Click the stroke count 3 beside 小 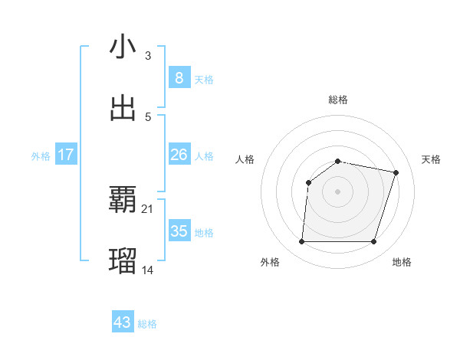[x=148, y=56]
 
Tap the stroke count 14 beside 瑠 [x=148, y=270]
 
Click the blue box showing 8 [x=179, y=78]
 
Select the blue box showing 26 [x=179, y=155]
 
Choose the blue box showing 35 [x=179, y=231]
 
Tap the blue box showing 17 [x=65, y=155]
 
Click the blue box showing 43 [x=122, y=322]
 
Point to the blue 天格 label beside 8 [x=204, y=80]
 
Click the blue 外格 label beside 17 [x=41, y=156]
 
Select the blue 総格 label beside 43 [x=147, y=324]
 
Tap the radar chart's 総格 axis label [x=338, y=100]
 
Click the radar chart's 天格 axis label [x=431, y=159]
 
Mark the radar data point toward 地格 [x=373, y=242]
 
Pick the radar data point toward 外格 [x=301, y=242]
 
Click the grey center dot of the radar [x=337, y=191]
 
